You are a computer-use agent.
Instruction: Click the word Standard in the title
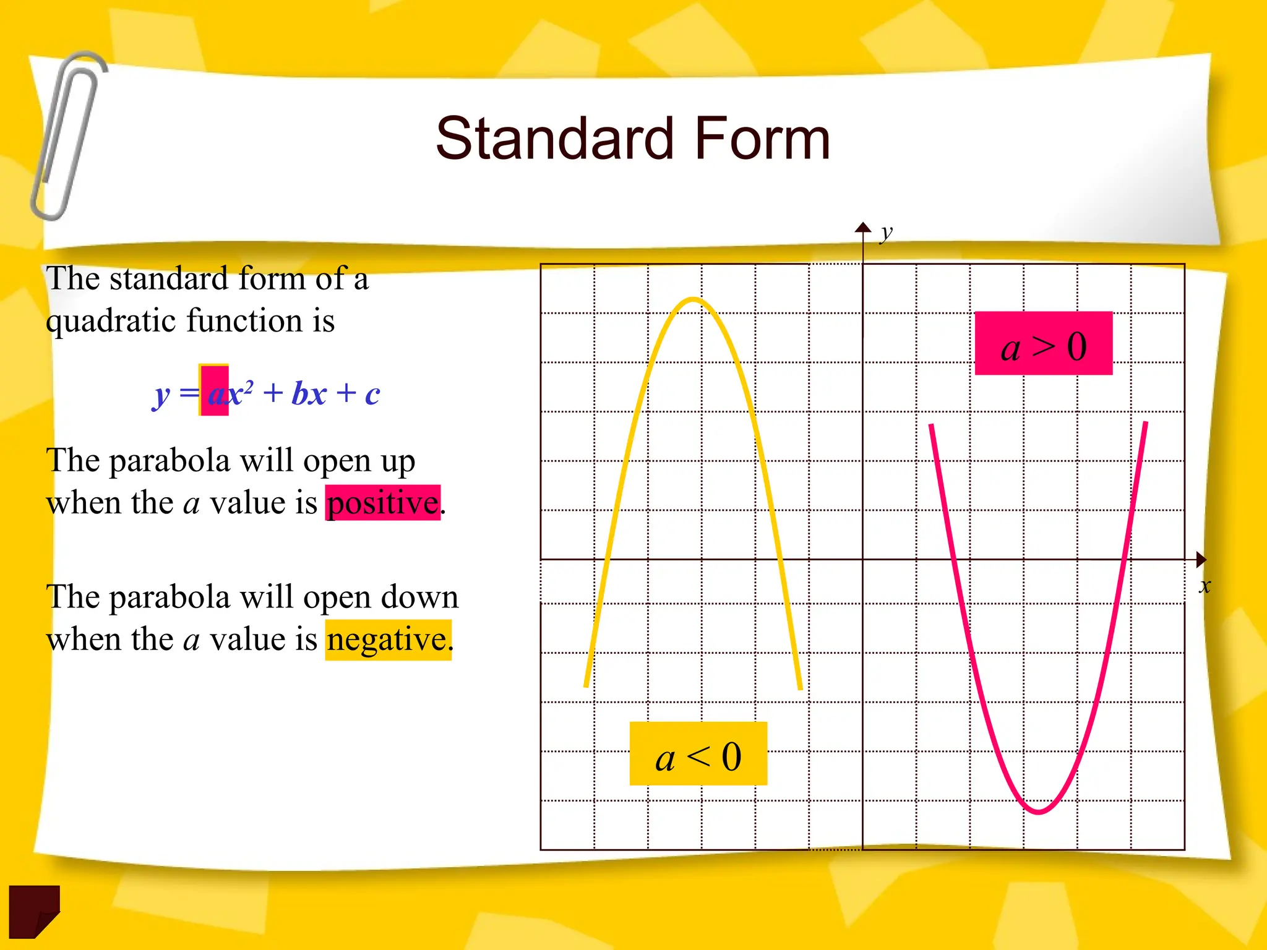pyautogui.click(x=554, y=139)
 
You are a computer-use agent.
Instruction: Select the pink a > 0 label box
pyautogui.click(x=1043, y=344)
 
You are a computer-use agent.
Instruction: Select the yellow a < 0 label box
pyautogui.click(x=698, y=754)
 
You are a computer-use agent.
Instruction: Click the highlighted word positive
pyautogui.click(x=383, y=503)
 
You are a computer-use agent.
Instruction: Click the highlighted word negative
pyautogui.click(x=388, y=640)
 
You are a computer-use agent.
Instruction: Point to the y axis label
pyautogui.click(x=887, y=233)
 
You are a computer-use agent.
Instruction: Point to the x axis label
pyautogui.click(x=1204, y=586)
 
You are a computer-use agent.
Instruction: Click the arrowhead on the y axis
pyautogui.click(x=863, y=227)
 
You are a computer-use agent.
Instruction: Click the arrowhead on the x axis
pyautogui.click(x=1201, y=560)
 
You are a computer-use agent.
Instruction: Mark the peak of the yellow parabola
pyautogui.click(x=694, y=301)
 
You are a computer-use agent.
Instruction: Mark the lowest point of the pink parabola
pyautogui.click(x=1039, y=811)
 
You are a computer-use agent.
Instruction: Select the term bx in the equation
pyautogui.click(x=309, y=393)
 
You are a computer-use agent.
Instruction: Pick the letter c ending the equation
pyautogui.click(x=372, y=395)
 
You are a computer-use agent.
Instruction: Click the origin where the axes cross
pyautogui.click(x=863, y=560)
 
